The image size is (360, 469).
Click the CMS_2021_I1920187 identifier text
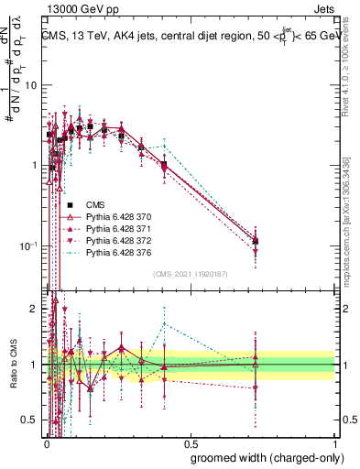coord(190,273)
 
